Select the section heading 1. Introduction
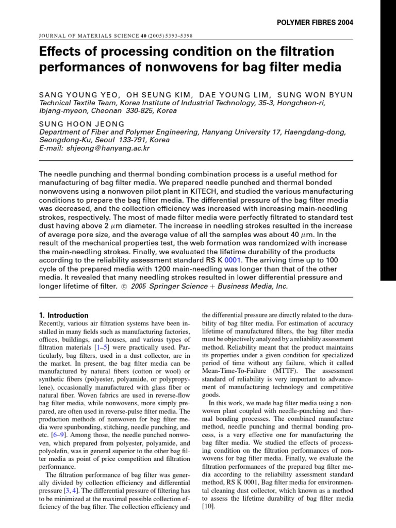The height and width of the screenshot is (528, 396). coord(64,315)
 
